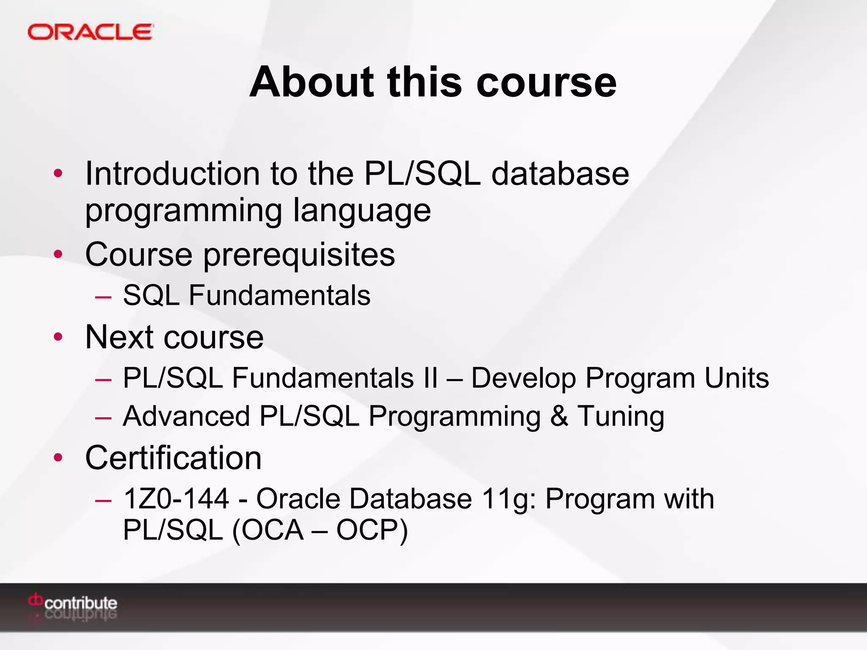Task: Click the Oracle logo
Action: point(90,32)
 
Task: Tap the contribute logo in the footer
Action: point(73,604)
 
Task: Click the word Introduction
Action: point(172,174)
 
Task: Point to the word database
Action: point(560,174)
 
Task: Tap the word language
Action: point(362,210)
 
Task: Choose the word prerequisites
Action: point(299,255)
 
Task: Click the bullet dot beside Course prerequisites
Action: point(58,254)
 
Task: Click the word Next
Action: point(119,337)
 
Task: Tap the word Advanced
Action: point(186,416)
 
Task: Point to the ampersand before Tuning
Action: point(559,416)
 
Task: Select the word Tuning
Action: point(621,416)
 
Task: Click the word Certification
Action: point(173,458)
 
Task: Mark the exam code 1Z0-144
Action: point(176,499)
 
